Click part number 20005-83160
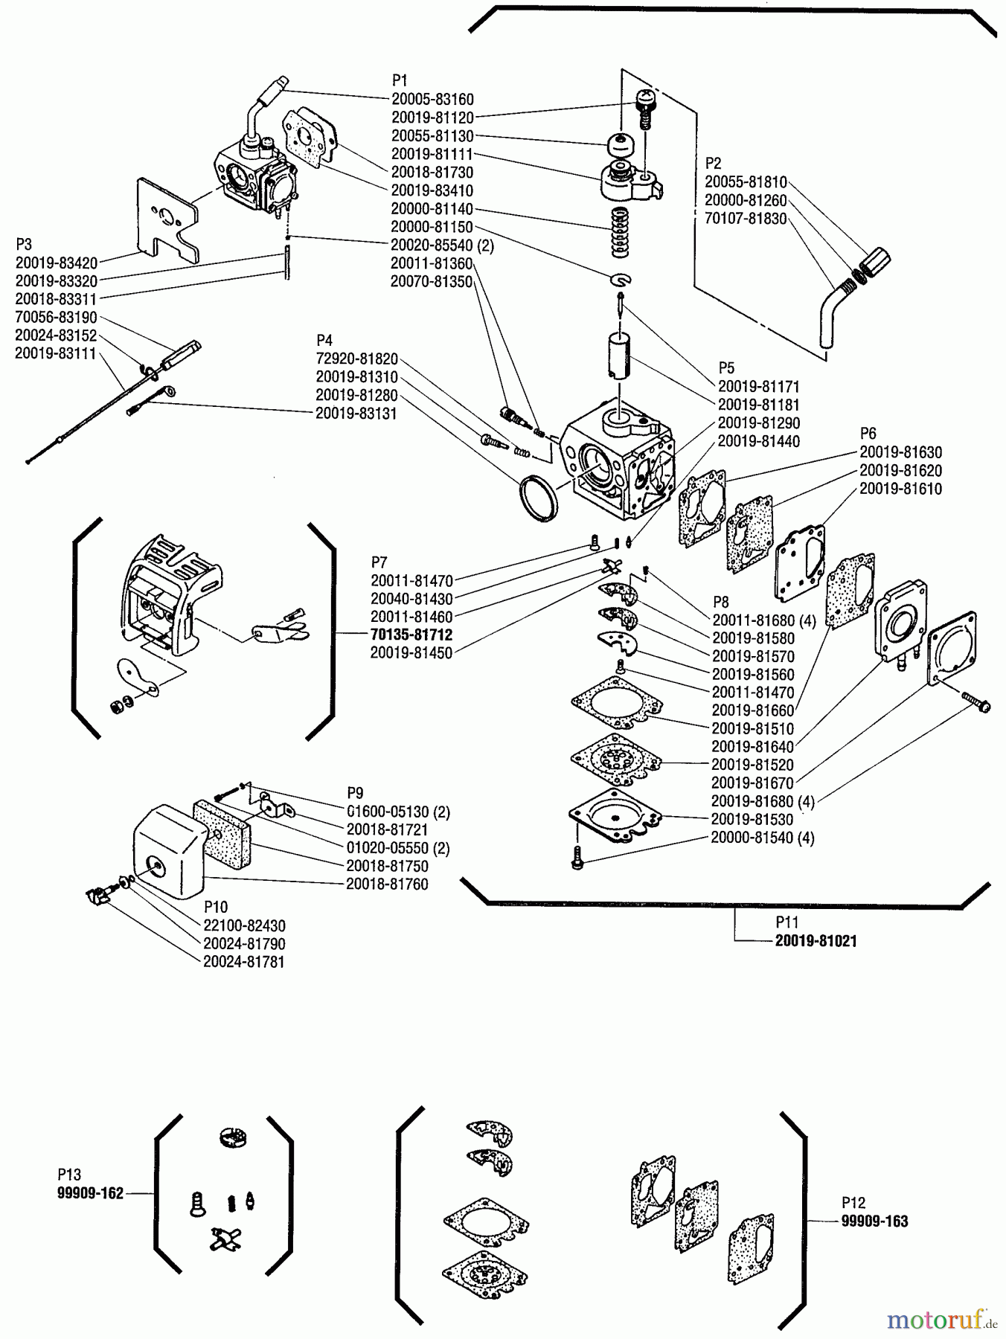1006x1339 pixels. pos(432,99)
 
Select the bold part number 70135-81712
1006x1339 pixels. pos(411,635)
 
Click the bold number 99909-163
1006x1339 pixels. pos(874,1221)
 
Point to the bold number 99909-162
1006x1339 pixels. pos(90,1194)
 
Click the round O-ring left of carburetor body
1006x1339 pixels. pos(538,496)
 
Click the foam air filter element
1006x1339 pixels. pos(223,833)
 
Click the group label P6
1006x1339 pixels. pos(868,433)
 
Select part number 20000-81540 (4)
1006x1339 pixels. pos(762,838)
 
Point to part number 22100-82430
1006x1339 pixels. pos(244,925)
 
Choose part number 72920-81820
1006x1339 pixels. pos(356,359)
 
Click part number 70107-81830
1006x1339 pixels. pos(745,219)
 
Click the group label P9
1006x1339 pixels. pos(355,793)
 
